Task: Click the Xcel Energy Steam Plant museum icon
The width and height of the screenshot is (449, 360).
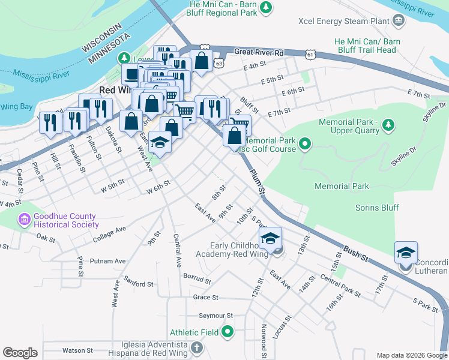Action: (398, 22)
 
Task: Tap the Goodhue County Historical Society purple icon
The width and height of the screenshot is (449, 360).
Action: (24, 220)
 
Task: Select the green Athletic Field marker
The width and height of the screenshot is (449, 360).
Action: (228, 332)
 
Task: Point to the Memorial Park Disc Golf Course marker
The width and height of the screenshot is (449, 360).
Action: (305, 144)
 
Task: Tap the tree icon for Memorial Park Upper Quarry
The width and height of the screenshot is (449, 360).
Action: (389, 125)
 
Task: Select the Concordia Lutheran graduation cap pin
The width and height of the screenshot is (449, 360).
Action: (406, 252)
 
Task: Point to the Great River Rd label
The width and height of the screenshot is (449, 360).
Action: (259, 53)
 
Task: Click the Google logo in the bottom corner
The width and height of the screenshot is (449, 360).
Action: (20, 353)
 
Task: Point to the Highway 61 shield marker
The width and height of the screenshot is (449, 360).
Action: (310, 54)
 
